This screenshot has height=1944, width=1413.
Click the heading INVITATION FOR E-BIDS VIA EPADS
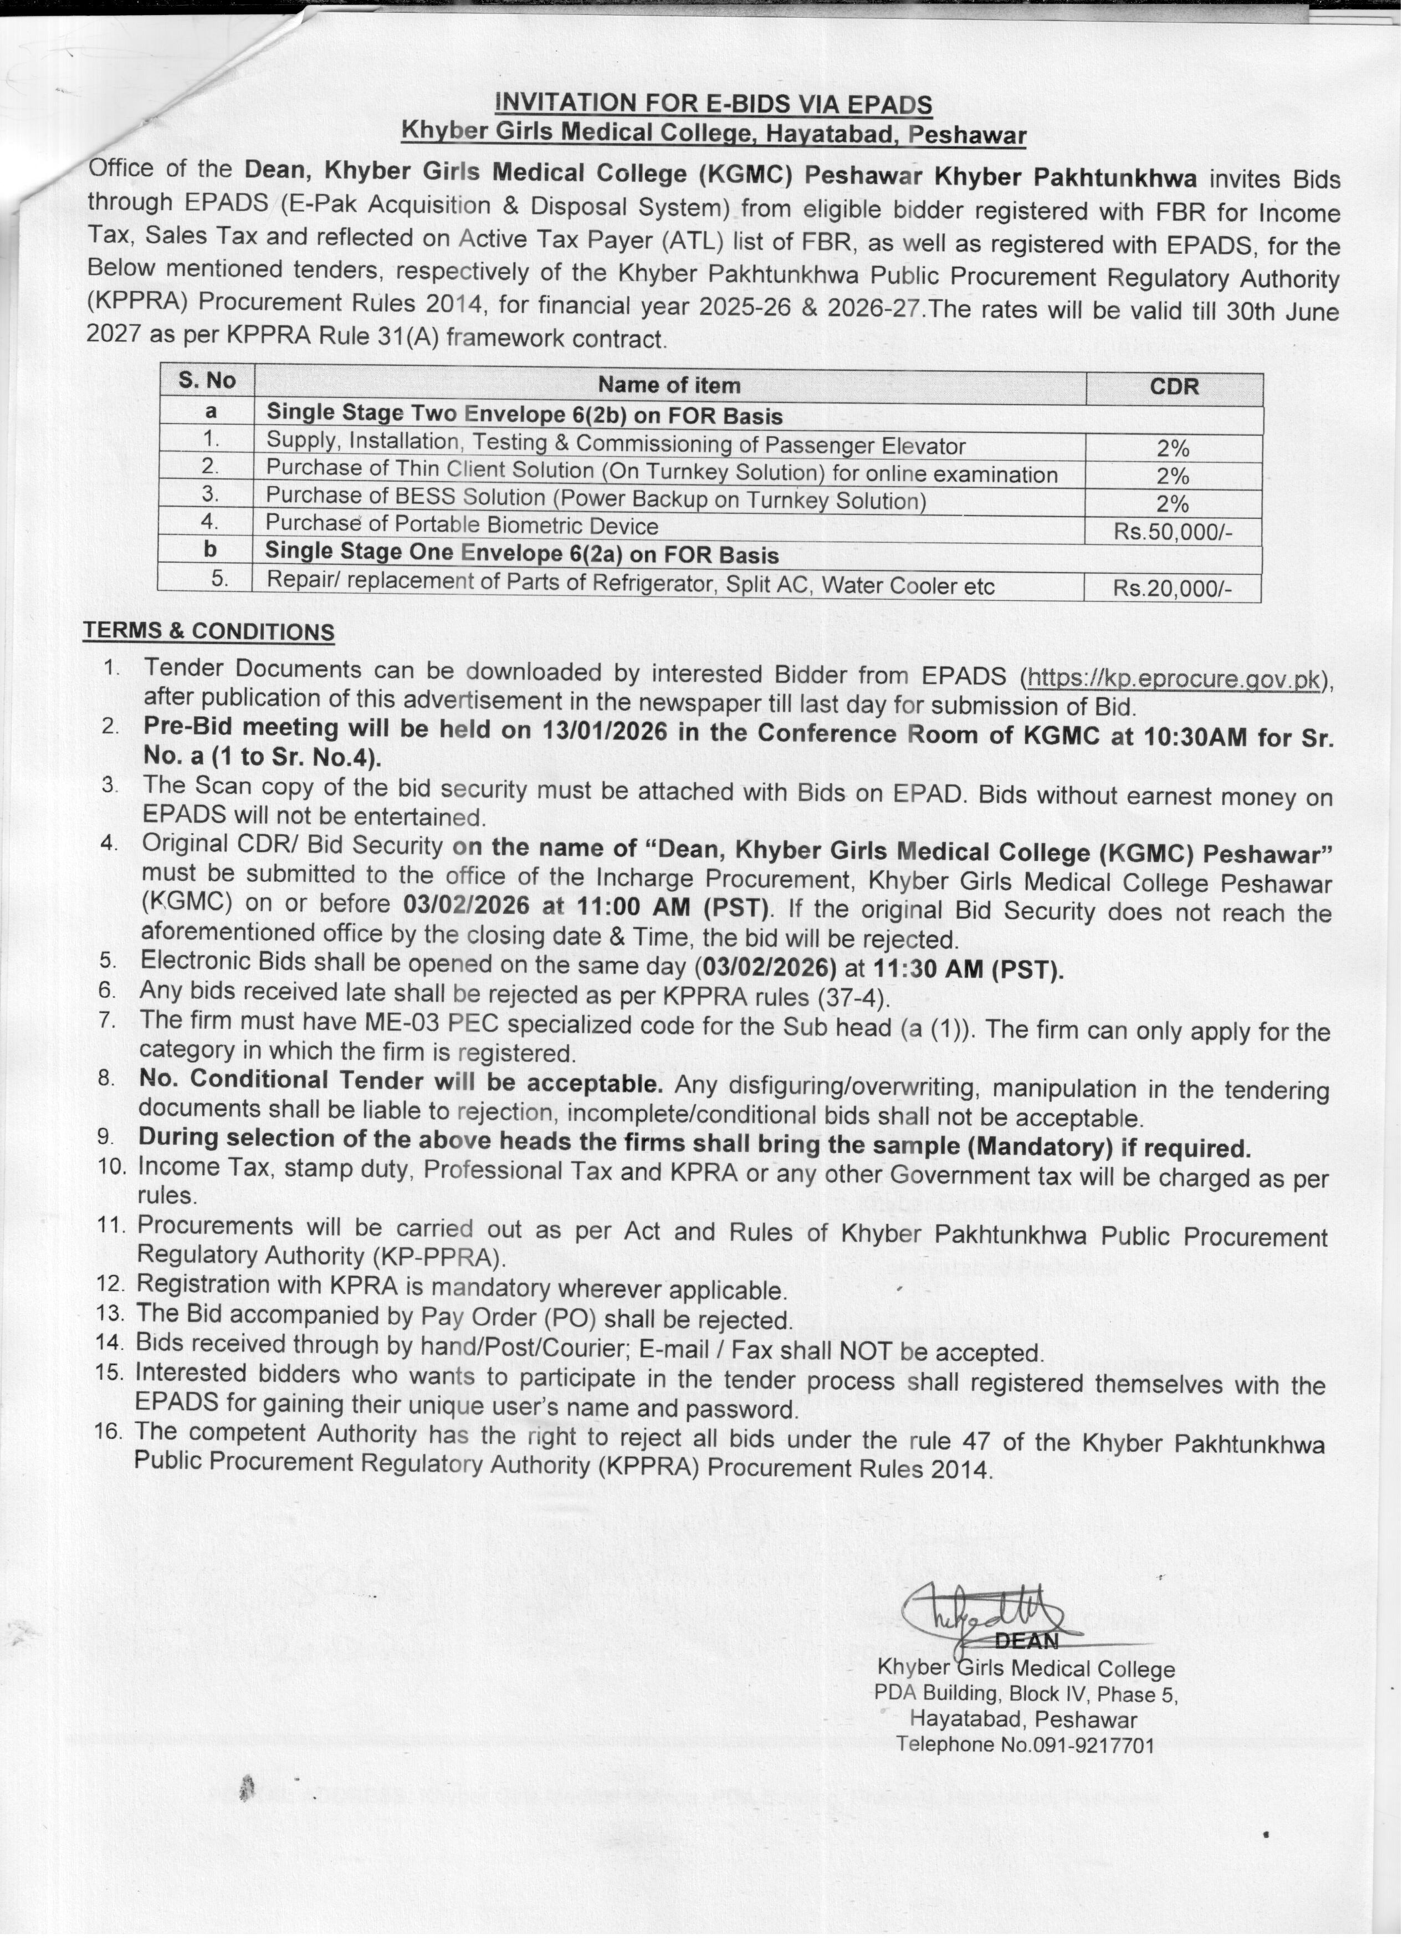click(713, 105)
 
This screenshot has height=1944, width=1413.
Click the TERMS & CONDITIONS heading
click(208, 632)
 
